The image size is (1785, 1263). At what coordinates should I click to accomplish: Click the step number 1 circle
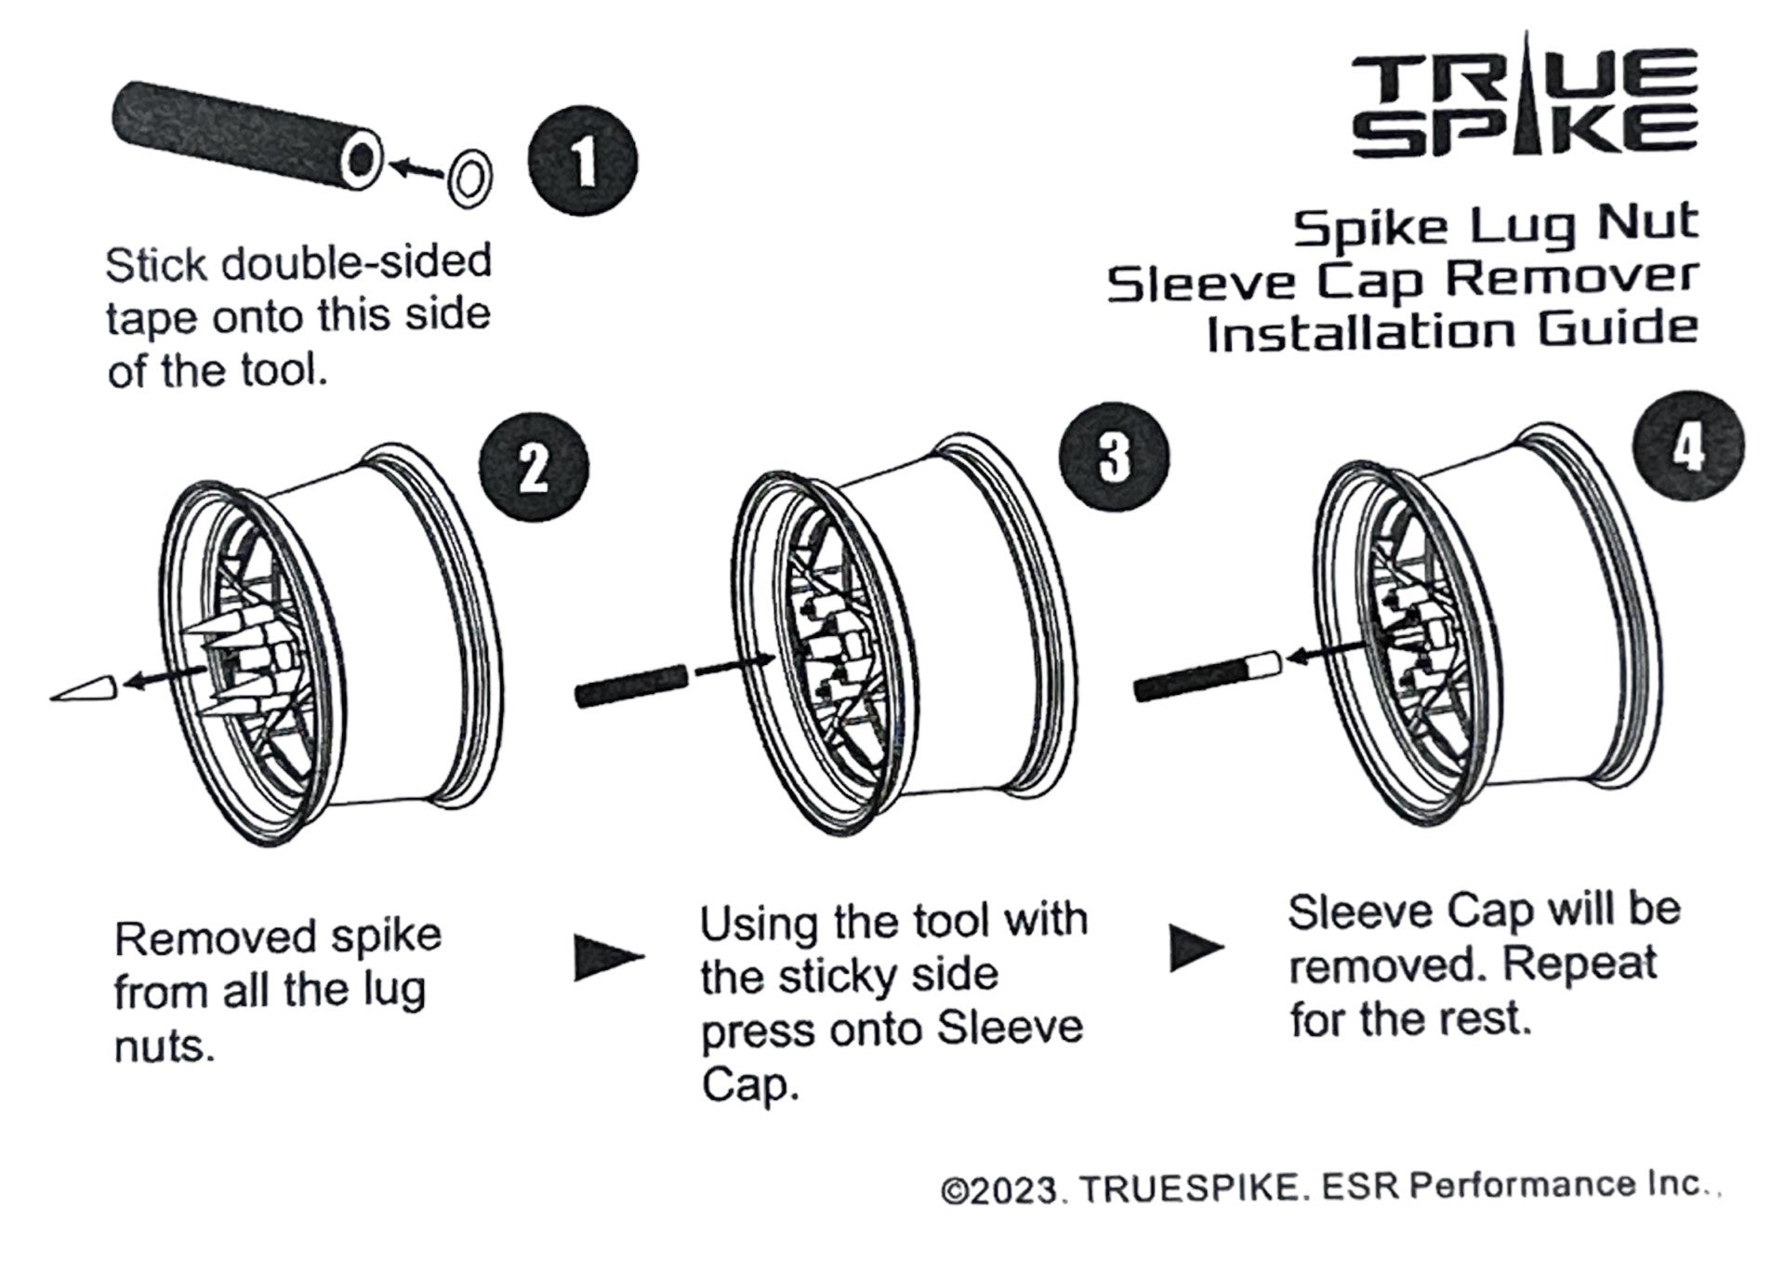[x=582, y=162]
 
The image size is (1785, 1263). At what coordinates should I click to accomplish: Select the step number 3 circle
[x=1114, y=456]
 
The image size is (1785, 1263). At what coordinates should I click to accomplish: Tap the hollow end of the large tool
[x=362, y=159]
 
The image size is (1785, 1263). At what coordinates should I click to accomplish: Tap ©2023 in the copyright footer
[x=999, y=1192]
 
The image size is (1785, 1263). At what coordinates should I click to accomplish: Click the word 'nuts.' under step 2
[x=165, y=1047]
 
